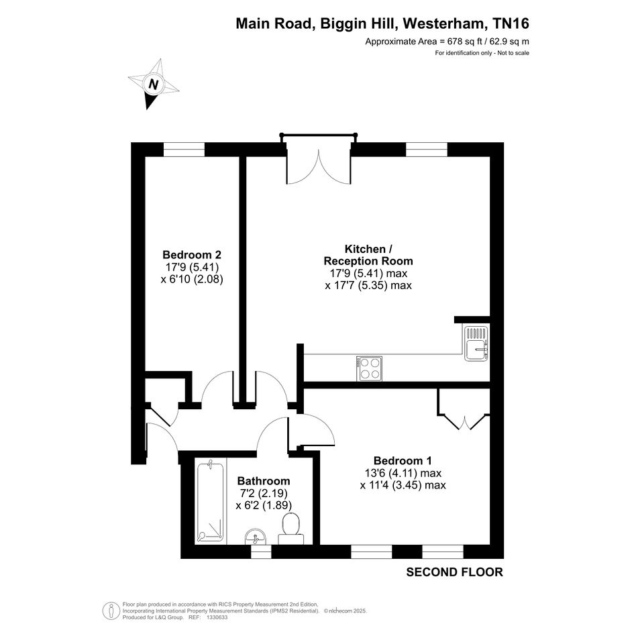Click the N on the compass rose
153,85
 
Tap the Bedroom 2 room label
192,255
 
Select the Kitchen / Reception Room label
368,255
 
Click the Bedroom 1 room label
403,460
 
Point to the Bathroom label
264,481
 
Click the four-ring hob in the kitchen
369,368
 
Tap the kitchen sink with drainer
476,344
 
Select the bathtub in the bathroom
210,503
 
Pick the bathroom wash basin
256,537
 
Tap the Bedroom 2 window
184,150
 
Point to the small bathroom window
261,551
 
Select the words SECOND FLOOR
454,572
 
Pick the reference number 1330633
217,617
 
